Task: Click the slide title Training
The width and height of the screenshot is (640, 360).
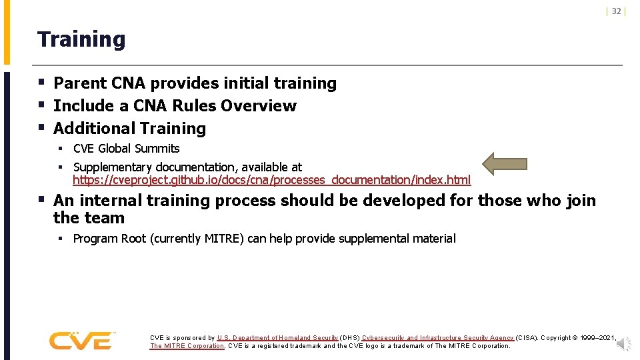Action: point(81,39)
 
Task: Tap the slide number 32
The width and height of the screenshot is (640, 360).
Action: point(616,11)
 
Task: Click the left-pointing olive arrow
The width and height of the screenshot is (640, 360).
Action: point(505,164)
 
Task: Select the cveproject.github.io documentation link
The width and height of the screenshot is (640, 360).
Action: point(271,180)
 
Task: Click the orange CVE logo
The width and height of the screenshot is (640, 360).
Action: point(82,340)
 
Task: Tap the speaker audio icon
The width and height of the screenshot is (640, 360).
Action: point(623,343)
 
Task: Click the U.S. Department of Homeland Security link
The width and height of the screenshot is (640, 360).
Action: point(277,338)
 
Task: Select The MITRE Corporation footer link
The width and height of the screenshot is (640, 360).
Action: point(187,346)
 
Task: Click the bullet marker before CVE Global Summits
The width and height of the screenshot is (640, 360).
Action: point(59,149)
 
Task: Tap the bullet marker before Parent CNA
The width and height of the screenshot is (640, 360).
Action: point(41,83)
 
